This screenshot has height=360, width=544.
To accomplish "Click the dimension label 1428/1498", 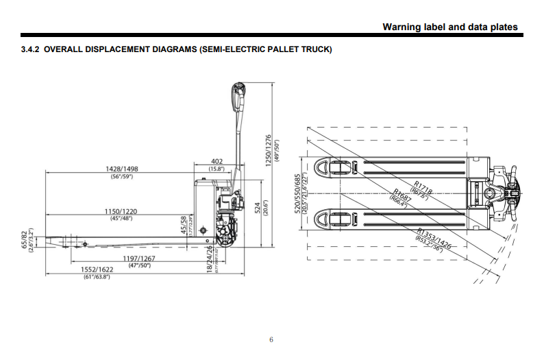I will [123, 169].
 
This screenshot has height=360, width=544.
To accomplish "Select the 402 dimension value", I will [218, 161].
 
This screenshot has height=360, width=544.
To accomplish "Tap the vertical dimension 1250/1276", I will [268, 145].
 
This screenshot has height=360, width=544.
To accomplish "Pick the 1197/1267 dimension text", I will [140, 258].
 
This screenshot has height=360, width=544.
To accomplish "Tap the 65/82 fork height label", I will [25, 241].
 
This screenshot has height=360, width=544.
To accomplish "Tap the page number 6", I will [271, 339].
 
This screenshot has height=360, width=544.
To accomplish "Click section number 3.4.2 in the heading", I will [31, 50].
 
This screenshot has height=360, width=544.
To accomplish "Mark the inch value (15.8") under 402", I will [218, 169].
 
